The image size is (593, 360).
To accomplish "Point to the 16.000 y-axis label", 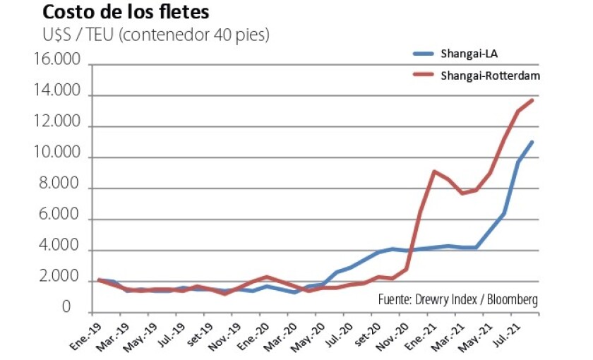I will pos(55,65).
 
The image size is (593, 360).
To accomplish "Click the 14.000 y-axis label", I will pos(55,96).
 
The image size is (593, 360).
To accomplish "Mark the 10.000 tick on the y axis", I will pos(55,158).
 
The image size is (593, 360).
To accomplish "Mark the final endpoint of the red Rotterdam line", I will pos(532,100).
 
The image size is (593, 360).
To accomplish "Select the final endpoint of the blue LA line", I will pos(532,142).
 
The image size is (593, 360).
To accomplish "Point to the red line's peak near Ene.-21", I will pos(433,171).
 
